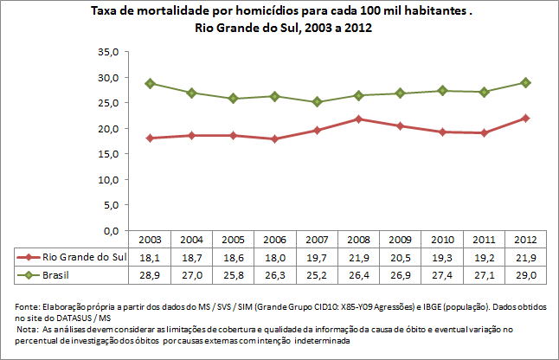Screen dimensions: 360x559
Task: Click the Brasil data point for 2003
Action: click(150, 83)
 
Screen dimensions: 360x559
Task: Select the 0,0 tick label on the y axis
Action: click(109, 232)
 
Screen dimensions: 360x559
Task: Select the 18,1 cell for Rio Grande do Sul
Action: click(150, 258)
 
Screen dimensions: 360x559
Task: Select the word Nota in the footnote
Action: click(29, 330)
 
